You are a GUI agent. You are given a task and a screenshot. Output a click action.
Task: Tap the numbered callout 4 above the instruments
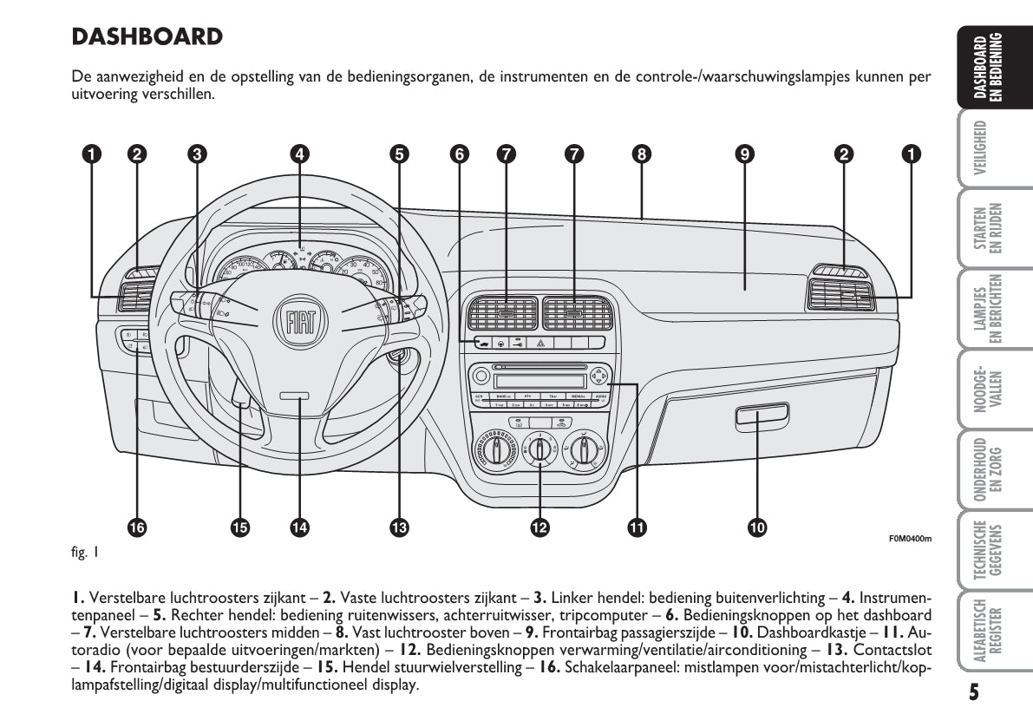298,154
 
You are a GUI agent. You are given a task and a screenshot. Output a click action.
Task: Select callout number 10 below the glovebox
757,526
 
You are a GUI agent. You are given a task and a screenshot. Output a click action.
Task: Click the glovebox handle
762,417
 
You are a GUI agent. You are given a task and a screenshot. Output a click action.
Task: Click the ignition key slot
398,357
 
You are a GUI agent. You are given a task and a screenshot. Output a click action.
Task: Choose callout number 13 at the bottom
398,526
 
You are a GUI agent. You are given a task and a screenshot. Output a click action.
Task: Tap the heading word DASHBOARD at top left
147,37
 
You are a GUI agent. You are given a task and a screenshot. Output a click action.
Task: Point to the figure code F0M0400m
909,539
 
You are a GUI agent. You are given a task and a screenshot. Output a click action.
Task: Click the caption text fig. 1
85,551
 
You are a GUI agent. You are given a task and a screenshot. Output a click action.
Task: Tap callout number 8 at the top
641,154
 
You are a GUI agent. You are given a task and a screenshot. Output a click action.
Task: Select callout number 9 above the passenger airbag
743,154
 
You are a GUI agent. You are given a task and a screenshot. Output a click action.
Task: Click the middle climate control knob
539,450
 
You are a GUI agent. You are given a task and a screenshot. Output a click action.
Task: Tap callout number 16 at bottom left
137,526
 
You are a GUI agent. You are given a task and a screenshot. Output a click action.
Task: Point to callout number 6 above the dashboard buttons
459,154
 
